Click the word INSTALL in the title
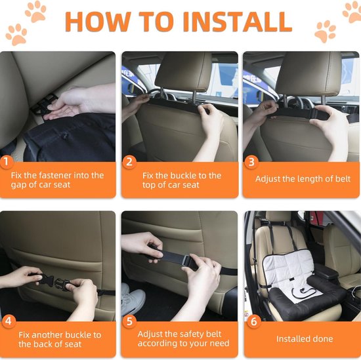238,22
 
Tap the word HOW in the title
97,22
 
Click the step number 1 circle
6,161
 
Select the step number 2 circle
129,162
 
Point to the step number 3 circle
251,162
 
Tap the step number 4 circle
9,321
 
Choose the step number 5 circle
129,321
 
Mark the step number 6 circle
253,321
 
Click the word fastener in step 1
57,175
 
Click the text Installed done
305,338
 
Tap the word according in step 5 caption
158,344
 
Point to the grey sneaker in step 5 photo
133,298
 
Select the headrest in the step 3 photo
308,73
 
